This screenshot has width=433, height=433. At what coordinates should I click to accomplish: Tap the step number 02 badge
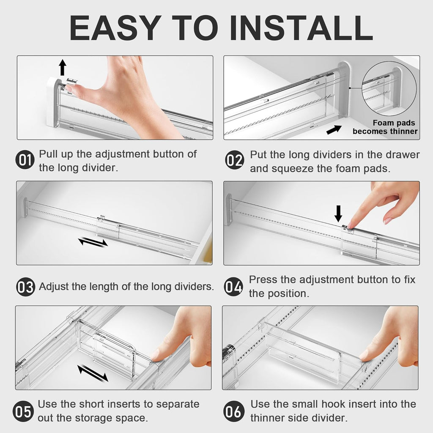point(234,161)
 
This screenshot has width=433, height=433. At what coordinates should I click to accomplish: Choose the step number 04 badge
point(233,287)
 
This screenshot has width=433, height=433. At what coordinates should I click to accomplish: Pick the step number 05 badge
point(24,411)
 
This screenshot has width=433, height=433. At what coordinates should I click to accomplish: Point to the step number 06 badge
point(234,411)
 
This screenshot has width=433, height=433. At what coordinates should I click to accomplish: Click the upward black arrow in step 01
point(63,67)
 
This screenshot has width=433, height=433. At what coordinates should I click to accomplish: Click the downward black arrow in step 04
point(338,213)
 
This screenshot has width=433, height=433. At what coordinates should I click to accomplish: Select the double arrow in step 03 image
point(93,242)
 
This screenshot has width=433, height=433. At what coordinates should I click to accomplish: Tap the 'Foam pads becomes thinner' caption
point(385,127)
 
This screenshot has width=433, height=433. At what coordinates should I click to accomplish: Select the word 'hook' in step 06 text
point(329,404)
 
